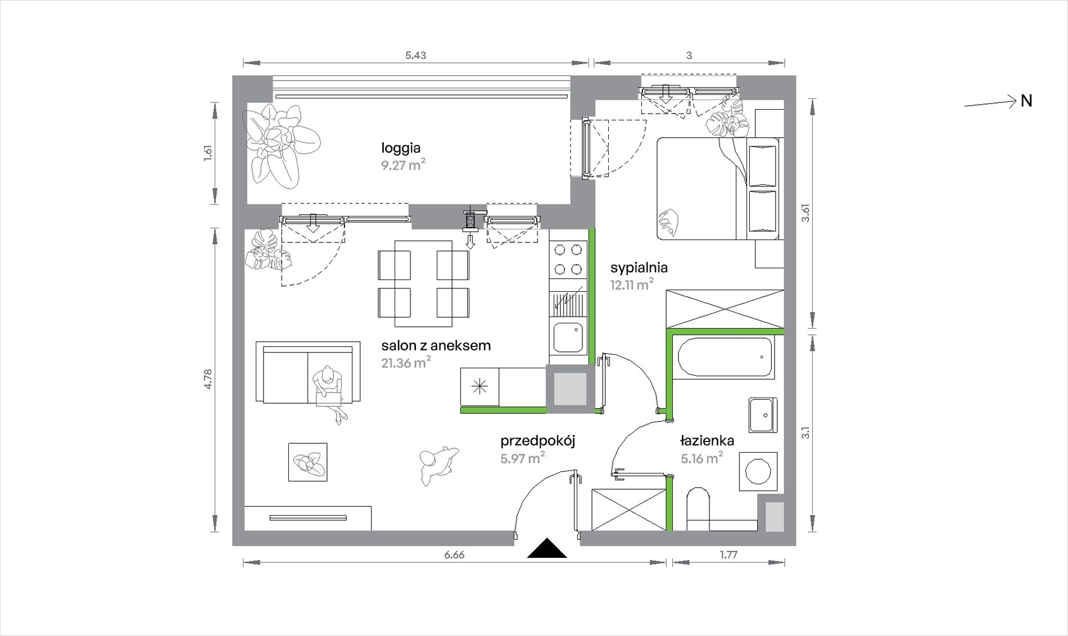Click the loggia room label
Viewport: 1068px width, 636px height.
401,148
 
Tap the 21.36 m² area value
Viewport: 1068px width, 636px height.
406,363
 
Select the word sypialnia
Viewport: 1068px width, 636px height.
639,268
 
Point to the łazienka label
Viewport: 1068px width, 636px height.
707,441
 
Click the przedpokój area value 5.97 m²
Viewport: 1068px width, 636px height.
523,458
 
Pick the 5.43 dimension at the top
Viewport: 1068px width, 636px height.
415,55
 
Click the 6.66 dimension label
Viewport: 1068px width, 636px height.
454,555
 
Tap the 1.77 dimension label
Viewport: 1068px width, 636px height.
728,555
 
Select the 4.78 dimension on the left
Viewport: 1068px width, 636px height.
208,379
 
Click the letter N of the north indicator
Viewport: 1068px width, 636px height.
1026,101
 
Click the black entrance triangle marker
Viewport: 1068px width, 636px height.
547,548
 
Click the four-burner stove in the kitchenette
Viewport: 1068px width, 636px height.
568,260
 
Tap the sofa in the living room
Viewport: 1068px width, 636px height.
308,372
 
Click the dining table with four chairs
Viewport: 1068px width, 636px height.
424,283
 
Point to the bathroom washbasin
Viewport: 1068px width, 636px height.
763,416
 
